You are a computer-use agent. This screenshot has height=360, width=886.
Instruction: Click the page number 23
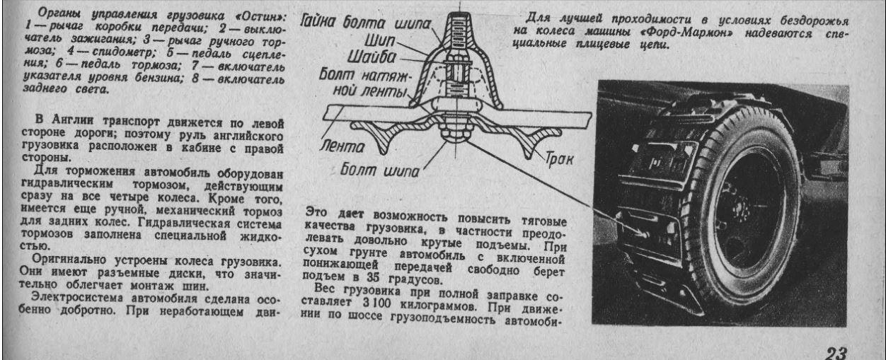835,352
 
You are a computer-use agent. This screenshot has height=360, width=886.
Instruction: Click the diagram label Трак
559,158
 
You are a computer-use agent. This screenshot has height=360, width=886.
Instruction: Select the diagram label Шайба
372,57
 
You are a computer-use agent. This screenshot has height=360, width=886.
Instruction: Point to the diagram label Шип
380,40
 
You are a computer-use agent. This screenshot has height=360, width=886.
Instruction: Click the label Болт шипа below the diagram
379,170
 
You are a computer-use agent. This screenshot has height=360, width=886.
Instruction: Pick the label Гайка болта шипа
364,22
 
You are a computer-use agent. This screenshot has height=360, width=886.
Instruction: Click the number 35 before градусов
373,277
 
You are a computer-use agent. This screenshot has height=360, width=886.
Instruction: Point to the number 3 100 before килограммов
377,303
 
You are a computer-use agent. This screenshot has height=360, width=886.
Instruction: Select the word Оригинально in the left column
69,260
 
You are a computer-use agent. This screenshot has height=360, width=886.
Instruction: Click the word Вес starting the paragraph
325,289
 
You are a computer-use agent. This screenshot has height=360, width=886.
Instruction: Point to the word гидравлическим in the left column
67,184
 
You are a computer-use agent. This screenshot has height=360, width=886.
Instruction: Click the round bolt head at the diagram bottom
456,135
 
